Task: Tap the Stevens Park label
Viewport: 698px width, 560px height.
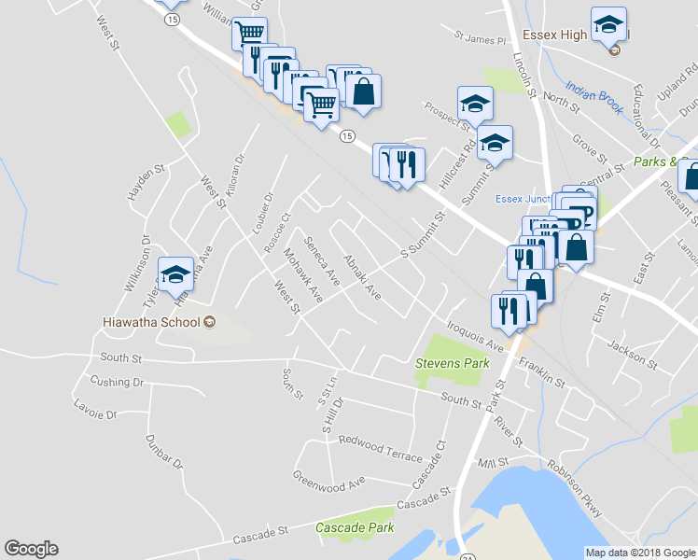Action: coord(452,362)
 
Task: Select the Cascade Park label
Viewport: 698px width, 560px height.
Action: coord(355,527)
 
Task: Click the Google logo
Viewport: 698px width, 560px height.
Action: coord(31,549)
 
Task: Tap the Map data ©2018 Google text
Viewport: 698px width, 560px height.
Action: coord(641,553)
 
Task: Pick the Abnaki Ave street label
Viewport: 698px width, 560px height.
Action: coord(362,277)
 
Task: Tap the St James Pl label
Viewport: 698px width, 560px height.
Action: coord(480,39)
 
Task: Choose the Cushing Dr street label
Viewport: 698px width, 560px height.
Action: coord(117,382)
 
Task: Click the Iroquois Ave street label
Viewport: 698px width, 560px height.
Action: coord(475,335)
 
